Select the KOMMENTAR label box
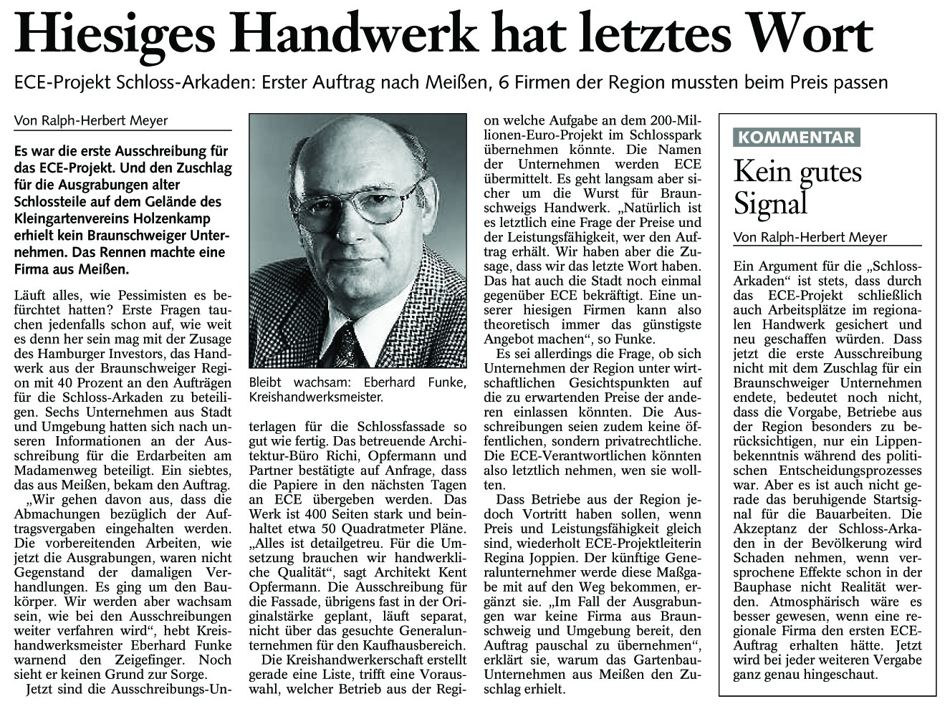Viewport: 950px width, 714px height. click(795, 138)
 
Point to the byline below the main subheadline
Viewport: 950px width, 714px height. click(91, 120)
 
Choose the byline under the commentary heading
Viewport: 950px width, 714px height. click(810, 237)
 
